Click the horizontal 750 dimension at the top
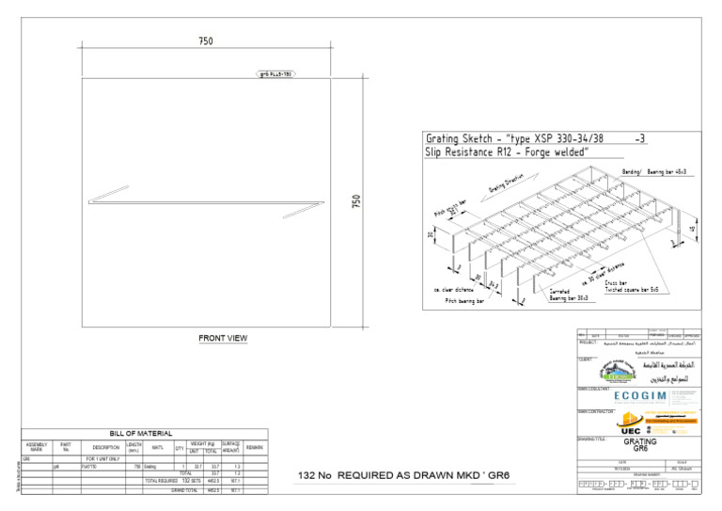(206, 40)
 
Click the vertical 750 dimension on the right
(356, 202)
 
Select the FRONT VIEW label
(223, 338)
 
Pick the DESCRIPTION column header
(99, 447)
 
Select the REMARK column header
(254, 447)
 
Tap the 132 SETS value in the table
(191, 480)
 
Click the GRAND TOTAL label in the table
(183, 490)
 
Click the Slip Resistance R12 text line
(507, 152)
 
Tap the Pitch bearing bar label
(464, 300)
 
